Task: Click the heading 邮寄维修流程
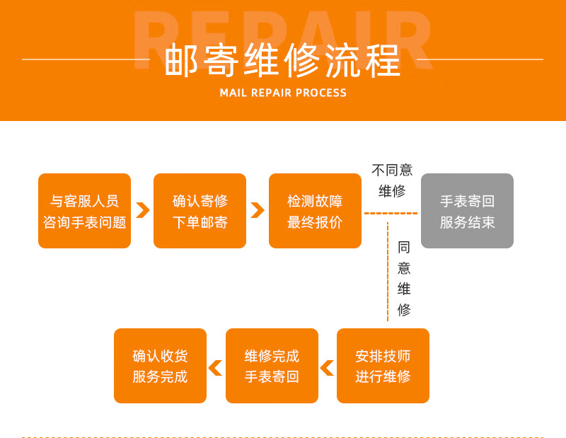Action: pos(282,61)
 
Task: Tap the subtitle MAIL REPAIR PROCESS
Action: pos(283,93)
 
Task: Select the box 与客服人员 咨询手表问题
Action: pos(84,211)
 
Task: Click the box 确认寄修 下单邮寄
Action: pos(200,211)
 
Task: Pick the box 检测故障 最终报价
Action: pos(315,211)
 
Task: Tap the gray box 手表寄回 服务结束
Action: pos(467,211)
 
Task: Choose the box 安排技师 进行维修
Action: pos(383,366)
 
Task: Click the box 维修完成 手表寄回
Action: pos(272,366)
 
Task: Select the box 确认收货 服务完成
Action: pos(160,366)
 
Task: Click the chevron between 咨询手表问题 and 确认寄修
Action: pos(142,210)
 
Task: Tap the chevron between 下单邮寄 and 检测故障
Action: pos(258,210)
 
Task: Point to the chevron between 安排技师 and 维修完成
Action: pos(327,368)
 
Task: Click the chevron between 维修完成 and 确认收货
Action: pos(215,368)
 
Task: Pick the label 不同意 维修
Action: pos(392,180)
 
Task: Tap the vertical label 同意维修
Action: pos(404,278)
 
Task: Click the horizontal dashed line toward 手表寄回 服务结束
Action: pos(391,213)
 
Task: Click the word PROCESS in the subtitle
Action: pos(321,93)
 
